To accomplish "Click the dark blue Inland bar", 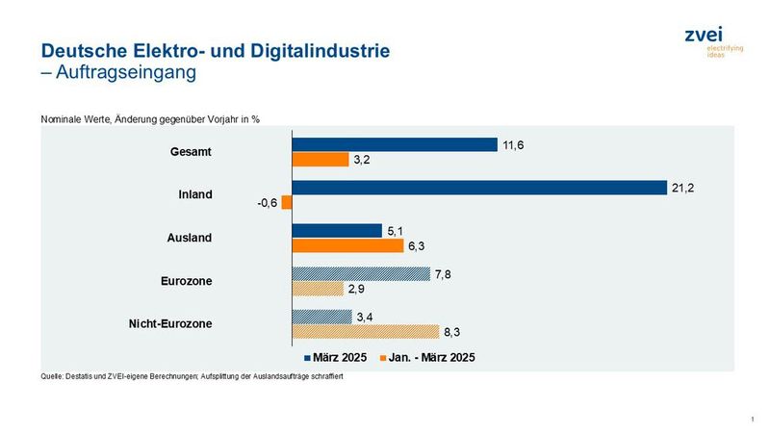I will coord(478,188).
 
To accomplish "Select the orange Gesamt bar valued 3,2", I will coord(321,160).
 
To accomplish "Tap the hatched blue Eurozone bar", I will coord(361,274).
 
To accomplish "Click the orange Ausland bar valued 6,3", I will coord(347,245).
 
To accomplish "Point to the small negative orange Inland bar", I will coord(287,203).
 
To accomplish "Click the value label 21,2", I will coord(682,188).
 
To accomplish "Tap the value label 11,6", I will coord(512,144).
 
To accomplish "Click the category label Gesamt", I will coord(192,152).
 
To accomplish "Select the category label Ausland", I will coord(191,238).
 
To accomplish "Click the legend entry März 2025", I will coord(333,357).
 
